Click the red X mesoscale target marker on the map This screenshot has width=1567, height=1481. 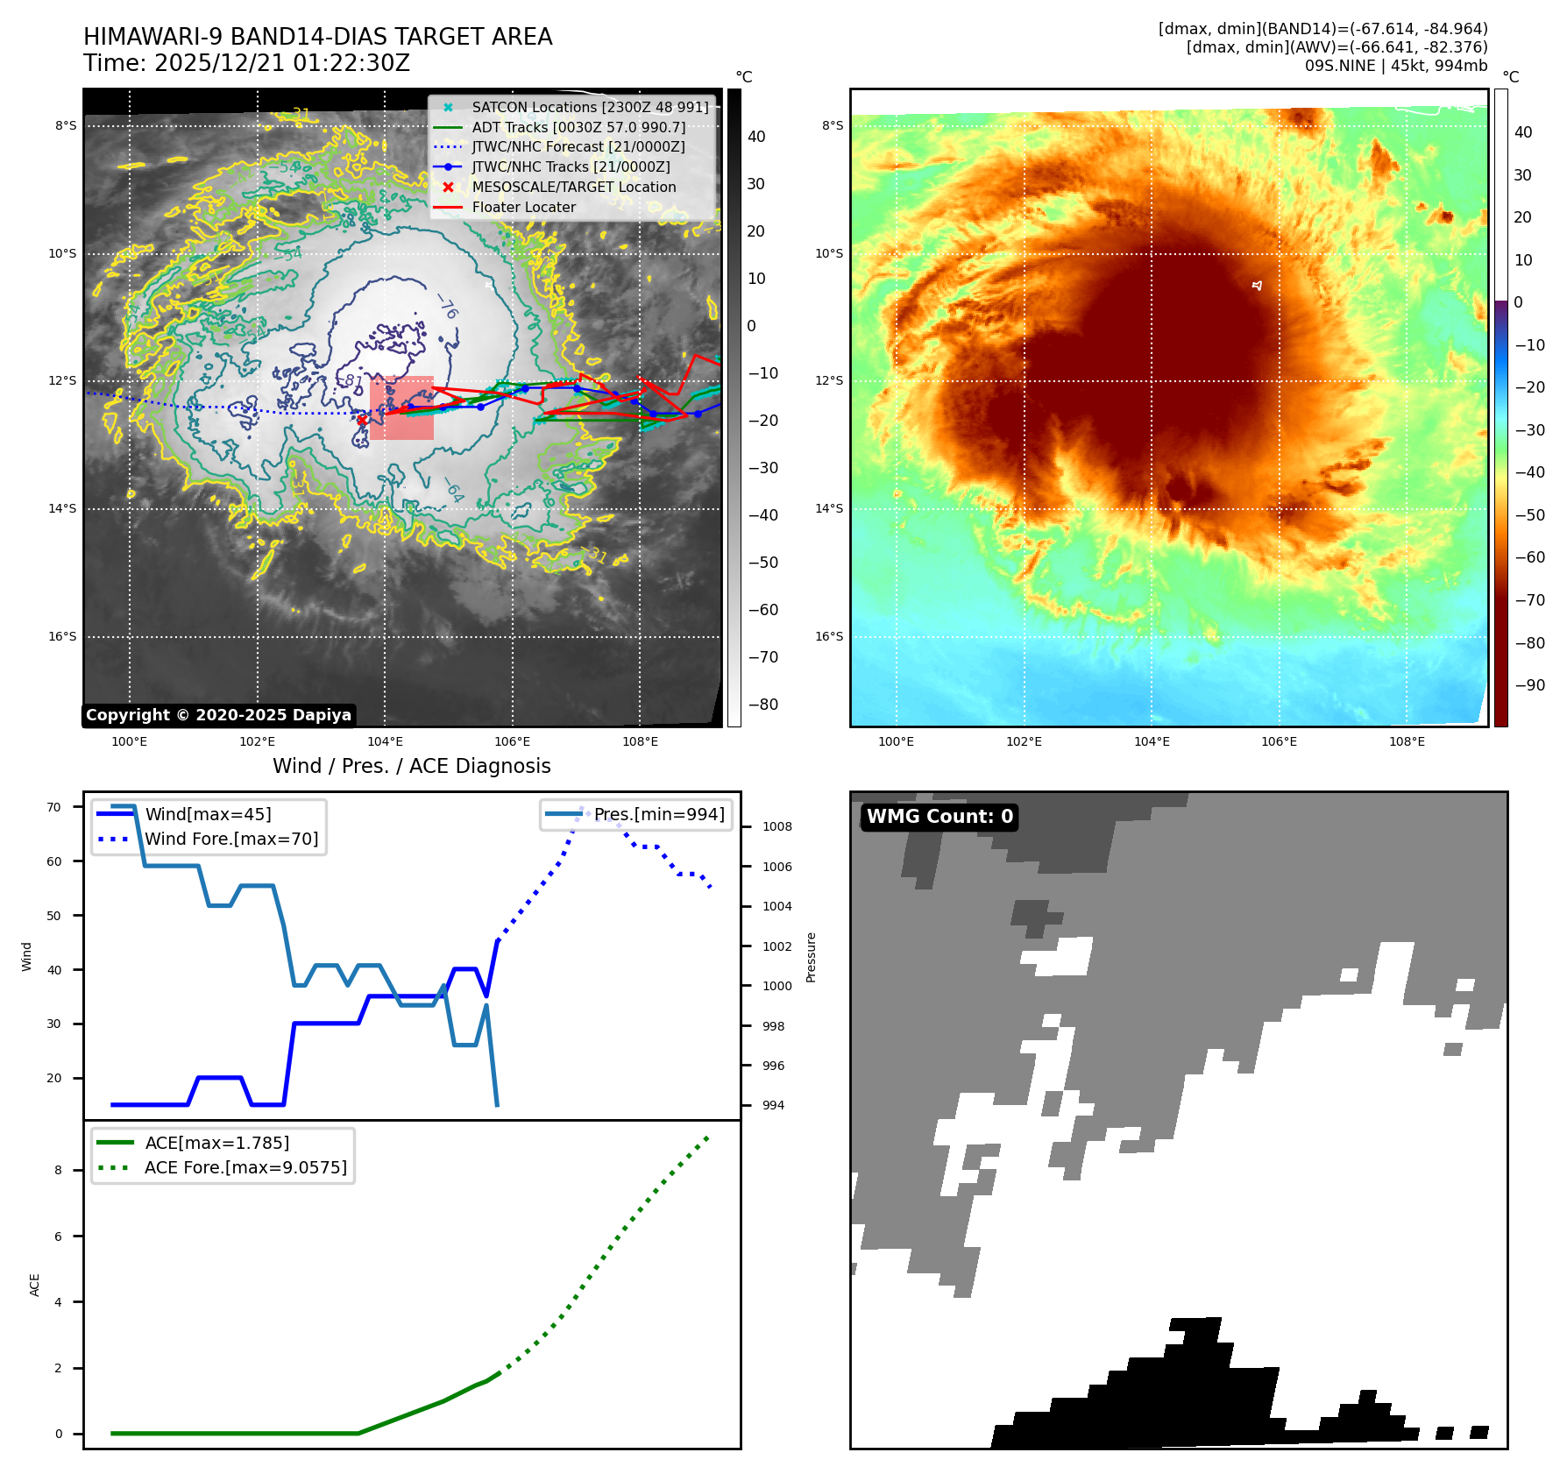point(361,420)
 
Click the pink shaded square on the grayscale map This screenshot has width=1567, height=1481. point(401,407)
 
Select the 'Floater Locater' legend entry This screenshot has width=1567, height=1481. point(523,208)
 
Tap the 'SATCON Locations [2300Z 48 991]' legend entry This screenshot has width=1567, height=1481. point(590,108)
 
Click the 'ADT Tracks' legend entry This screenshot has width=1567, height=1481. point(578,128)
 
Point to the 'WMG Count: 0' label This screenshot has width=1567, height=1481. point(939,817)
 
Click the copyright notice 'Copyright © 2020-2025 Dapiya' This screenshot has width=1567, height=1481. point(218,715)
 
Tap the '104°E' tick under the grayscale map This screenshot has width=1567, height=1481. point(385,742)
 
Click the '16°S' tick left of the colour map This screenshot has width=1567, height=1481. point(829,637)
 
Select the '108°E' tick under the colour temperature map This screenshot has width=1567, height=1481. point(1407,742)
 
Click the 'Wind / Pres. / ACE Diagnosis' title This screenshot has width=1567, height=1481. point(412,767)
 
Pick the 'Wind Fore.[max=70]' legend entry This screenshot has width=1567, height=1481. point(231,840)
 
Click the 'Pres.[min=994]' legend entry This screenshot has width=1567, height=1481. point(659,815)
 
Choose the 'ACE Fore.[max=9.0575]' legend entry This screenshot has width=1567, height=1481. point(245,1168)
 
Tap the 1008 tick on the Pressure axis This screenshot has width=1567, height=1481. point(776,827)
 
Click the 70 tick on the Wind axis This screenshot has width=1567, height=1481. point(54,808)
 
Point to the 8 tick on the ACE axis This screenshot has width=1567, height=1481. point(59,1171)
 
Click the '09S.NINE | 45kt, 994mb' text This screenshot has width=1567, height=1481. point(1396,66)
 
